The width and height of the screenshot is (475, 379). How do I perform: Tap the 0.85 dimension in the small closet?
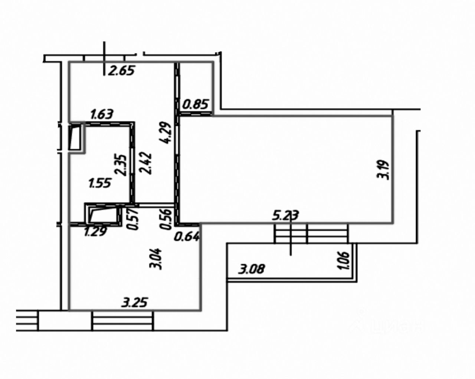pos(195,105)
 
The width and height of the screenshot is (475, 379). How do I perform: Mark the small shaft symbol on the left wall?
pos(77,136)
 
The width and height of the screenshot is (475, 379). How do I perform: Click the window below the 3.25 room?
pos(122,320)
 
